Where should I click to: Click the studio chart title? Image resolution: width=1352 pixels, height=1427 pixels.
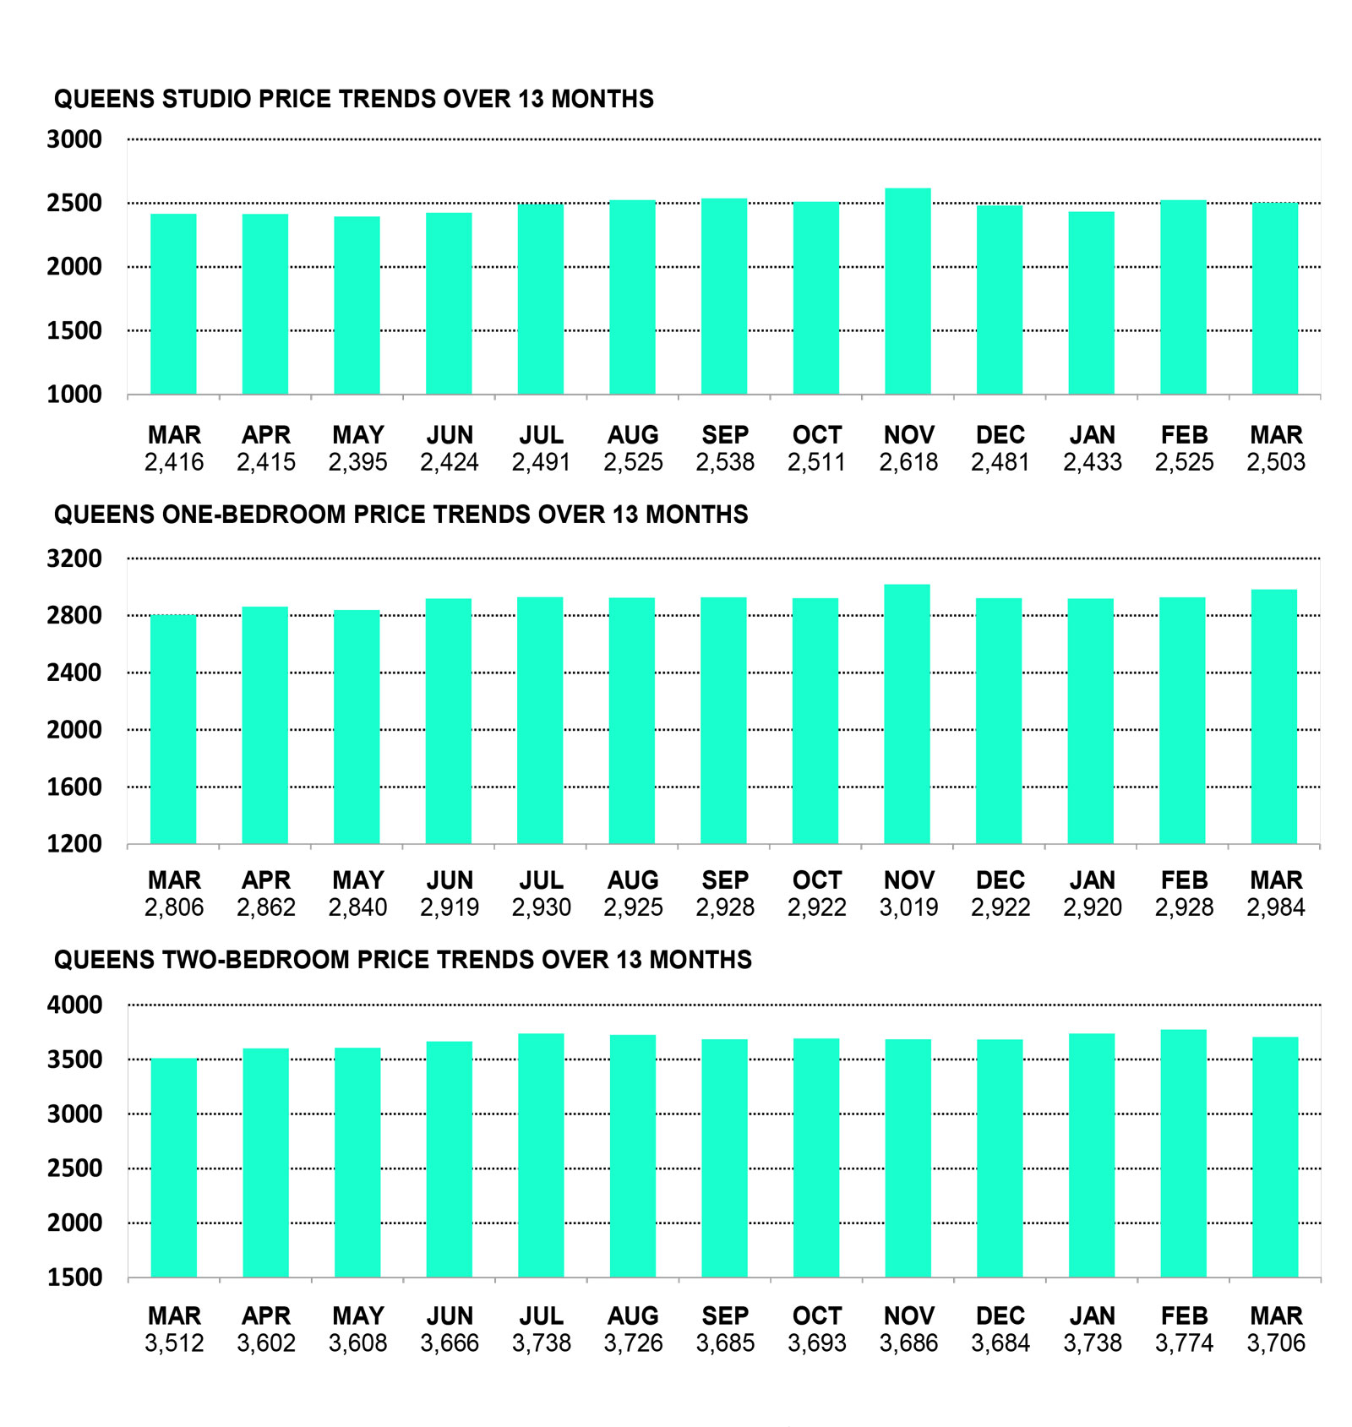353,99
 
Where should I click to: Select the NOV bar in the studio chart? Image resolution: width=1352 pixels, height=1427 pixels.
908,291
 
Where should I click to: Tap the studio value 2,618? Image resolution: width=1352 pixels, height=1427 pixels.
908,462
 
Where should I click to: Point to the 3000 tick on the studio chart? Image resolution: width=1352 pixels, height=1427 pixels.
74,139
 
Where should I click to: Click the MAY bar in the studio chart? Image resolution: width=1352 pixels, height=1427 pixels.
357,305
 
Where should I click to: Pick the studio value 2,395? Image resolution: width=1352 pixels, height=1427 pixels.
357,462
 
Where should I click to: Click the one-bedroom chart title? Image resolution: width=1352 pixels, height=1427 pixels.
401,515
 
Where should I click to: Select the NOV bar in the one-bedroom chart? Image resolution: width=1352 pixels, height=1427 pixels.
907,714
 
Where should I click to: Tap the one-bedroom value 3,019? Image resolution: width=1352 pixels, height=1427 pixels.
908,907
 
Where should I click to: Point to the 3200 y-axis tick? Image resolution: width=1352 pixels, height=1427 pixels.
74,558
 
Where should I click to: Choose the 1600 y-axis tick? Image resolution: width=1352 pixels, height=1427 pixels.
74,787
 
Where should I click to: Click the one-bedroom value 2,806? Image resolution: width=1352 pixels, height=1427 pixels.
174,907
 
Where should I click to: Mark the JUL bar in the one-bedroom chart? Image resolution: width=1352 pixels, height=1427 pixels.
540,721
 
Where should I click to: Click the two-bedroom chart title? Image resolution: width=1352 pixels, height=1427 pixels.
402,960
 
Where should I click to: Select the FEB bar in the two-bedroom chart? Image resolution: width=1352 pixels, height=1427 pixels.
1183,1153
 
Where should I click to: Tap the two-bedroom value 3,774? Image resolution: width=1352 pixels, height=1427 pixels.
1184,1343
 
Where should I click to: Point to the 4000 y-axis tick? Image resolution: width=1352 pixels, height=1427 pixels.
74,1005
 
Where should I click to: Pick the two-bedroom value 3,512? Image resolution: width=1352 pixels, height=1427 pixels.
174,1343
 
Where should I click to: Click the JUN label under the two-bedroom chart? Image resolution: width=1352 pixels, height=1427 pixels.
450,1316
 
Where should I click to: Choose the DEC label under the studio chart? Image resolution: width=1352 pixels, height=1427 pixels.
1000,435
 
